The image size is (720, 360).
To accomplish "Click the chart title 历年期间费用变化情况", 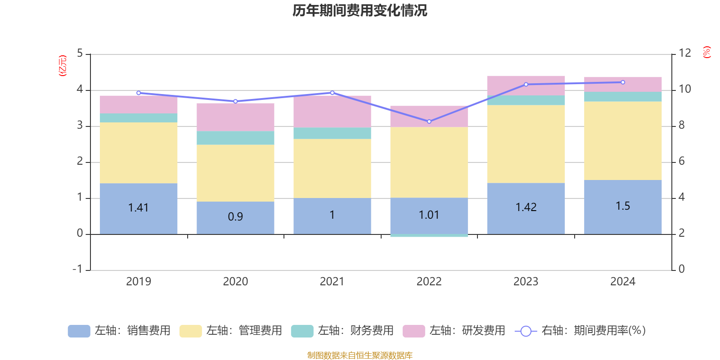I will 360,10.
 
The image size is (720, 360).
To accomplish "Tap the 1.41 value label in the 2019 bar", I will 138,207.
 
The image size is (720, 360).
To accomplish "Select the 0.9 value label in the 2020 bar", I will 235,216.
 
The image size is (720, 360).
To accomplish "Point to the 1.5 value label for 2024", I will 623,206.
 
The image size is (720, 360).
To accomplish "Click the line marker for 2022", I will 429,121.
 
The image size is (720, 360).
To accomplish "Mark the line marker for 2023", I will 526,85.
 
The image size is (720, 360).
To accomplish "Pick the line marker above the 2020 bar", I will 235,101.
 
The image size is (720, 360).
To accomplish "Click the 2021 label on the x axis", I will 332,281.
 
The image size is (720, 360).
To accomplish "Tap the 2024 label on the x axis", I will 623,281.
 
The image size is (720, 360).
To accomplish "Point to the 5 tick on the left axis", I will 80,54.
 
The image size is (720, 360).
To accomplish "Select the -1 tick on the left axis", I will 78,269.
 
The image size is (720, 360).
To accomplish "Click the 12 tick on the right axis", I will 685,53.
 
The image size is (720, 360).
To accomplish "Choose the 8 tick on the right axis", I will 682,125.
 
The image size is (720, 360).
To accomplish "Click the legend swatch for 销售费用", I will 79,331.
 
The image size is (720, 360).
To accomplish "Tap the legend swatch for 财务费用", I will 302,331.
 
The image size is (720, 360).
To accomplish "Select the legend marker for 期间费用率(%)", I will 526,331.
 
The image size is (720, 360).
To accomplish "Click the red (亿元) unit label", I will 63,66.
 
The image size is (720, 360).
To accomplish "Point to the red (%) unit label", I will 707,52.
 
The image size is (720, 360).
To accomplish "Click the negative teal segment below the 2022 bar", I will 429,235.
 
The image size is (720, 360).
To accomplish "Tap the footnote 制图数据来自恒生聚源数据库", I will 360,355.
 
